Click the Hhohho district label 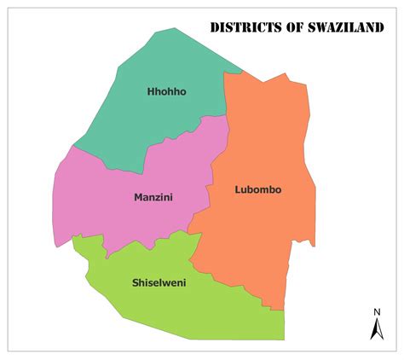pos(166,91)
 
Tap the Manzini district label pos(153,197)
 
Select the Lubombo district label pos(258,189)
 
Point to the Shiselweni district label pos(159,282)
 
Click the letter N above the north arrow pos(376,311)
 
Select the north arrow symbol pos(376,328)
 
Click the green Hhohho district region pos(162,119)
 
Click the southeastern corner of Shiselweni pos(283,338)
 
